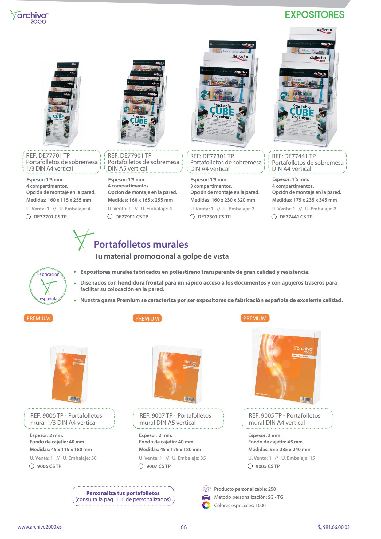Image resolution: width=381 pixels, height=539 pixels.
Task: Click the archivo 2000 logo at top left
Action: point(29,17)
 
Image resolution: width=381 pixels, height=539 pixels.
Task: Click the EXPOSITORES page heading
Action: point(314,15)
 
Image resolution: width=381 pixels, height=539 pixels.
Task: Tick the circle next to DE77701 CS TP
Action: point(28,217)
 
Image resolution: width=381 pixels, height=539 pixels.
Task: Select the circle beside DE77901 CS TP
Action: point(110,217)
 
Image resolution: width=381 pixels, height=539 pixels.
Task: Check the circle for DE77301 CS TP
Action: point(192,217)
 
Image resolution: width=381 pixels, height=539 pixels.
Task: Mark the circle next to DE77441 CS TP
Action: point(274,217)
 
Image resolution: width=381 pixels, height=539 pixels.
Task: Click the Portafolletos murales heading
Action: point(141,244)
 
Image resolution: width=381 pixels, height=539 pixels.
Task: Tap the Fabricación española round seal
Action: point(48,286)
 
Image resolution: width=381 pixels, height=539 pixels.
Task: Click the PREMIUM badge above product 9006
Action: point(38,318)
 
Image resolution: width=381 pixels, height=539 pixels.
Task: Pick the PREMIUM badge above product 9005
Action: point(255,318)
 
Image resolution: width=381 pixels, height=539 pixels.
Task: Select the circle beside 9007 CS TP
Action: point(141,466)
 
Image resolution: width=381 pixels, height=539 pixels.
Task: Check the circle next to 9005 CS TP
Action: point(250,466)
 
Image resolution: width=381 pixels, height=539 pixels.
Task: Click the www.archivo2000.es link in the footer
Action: point(40,527)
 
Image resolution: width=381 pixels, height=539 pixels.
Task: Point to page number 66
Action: point(183,527)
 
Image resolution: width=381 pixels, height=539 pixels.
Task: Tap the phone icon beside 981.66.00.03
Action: point(320,527)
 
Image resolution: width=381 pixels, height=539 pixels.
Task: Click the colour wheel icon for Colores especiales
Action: point(206,505)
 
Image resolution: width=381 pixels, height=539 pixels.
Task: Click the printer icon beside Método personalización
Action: point(206,497)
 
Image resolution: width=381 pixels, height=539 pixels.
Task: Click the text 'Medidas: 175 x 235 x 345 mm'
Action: point(304,200)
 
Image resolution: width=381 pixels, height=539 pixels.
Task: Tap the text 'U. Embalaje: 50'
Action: point(80,458)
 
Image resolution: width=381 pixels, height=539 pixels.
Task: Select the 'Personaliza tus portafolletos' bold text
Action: point(123,493)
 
